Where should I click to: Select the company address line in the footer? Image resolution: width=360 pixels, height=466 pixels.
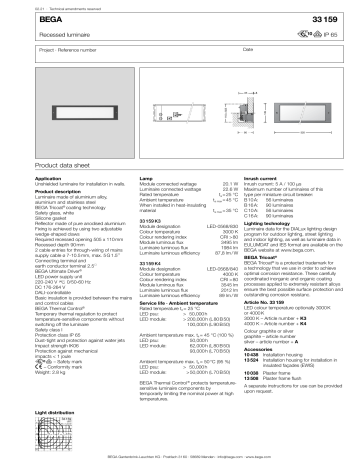pyautogui.click(x=180, y=458)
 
